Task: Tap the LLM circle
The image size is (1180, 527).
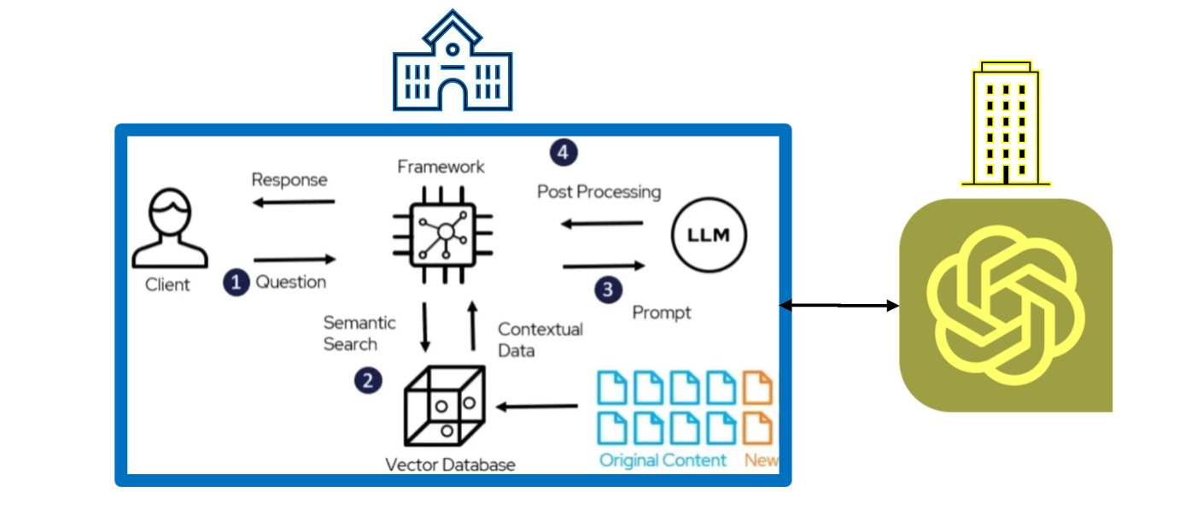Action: tap(708, 236)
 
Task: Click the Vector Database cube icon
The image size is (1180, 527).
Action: tap(444, 406)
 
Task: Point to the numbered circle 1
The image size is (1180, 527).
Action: tap(237, 283)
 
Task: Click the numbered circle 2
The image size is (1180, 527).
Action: tap(368, 380)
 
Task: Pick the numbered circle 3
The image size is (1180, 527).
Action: tap(608, 290)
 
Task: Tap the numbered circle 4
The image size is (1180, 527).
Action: tap(562, 152)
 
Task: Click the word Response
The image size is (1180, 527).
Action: tap(289, 179)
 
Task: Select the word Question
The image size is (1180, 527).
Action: tap(291, 282)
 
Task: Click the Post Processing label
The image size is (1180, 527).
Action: tap(599, 191)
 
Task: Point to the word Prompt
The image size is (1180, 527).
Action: tap(661, 313)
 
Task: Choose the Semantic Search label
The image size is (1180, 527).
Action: tap(359, 333)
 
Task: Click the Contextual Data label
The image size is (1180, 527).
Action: tap(540, 339)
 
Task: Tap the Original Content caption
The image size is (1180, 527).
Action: tap(663, 460)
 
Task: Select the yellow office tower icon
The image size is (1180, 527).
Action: tap(1006, 124)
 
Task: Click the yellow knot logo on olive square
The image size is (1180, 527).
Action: tap(1005, 305)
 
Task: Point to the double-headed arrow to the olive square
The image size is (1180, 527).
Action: tap(839, 305)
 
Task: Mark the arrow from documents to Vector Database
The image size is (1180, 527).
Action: tap(538, 407)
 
